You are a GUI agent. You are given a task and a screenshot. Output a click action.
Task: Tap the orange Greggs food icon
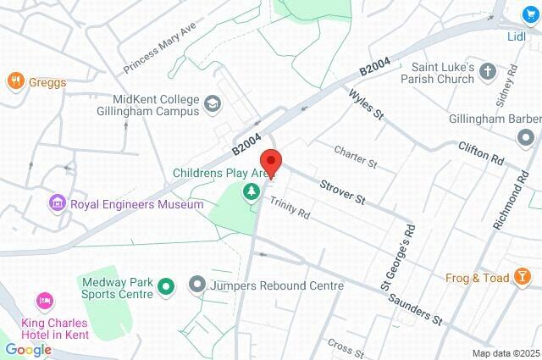click(x=15, y=82)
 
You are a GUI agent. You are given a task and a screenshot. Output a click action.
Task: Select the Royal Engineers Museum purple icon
click(x=58, y=203)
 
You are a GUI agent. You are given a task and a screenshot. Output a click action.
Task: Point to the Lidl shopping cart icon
click(x=531, y=15)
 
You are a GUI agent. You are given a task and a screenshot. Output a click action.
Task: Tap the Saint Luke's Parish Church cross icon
click(x=488, y=73)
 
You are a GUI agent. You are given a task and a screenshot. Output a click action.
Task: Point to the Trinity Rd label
click(x=290, y=208)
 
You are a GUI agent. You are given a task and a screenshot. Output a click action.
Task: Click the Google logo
click(x=28, y=349)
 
